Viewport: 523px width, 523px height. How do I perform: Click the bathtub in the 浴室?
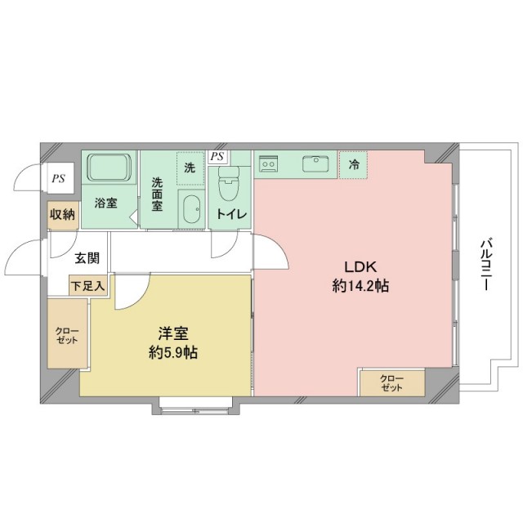110,168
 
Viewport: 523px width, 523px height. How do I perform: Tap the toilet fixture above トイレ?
229,183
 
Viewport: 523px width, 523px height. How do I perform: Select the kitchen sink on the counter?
315,164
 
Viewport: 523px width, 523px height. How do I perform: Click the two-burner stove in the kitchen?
269,163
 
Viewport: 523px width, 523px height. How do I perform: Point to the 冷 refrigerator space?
353,164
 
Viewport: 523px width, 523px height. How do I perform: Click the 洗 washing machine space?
190,168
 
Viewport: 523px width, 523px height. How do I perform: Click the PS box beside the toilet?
217,157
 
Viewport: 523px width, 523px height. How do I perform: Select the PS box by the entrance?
60,178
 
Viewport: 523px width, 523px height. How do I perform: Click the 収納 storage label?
62,214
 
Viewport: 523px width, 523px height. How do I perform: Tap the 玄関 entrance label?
87,258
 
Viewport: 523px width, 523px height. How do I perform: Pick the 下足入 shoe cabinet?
88,285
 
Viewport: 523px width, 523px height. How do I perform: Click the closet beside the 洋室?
67,333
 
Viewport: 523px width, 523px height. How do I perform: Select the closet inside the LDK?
392,382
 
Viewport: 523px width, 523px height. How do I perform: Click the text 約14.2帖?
360,286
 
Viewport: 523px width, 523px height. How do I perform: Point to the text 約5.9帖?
173,352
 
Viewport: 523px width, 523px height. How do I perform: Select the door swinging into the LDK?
270,251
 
